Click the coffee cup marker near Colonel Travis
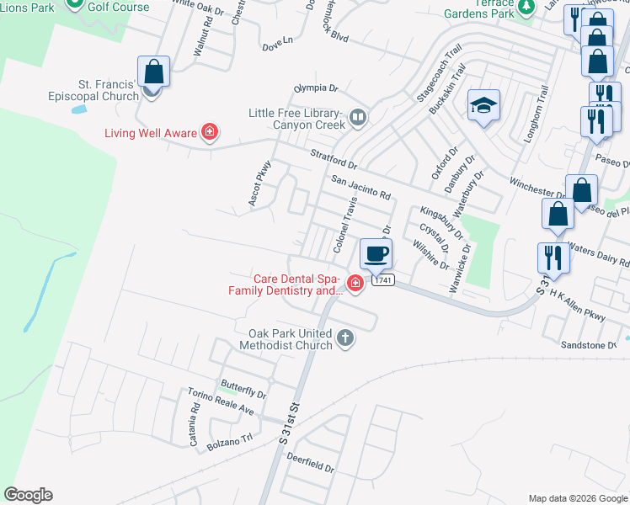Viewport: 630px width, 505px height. pyautogui.click(x=376, y=252)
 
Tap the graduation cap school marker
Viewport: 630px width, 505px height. pyautogui.click(x=483, y=105)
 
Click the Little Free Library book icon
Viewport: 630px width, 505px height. pyautogui.click(x=358, y=118)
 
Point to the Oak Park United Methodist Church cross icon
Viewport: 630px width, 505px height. pyautogui.click(x=344, y=338)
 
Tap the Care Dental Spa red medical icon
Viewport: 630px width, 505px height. pyautogui.click(x=355, y=283)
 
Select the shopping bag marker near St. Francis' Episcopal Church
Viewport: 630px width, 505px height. pyautogui.click(x=153, y=72)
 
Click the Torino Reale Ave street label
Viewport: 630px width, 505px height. pyautogui.click(x=222, y=409)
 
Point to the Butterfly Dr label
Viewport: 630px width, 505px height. pyautogui.click(x=243, y=390)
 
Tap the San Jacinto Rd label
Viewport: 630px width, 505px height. pyautogui.click(x=360, y=188)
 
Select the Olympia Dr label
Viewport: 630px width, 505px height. pyautogui.click(x=315, y=88)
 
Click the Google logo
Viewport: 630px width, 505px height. pyautogui.click(x=28, y=495)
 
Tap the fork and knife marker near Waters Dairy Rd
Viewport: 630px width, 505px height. pyautogui.click(x=553, y=257)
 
